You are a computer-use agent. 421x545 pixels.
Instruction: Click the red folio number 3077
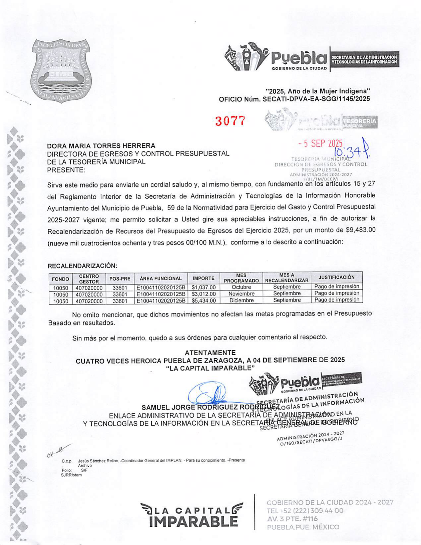pos(230,121)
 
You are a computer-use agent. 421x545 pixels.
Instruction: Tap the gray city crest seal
pos(62,71)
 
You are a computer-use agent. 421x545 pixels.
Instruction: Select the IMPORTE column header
pos(203,278)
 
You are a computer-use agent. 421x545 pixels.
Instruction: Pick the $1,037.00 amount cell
pos(203,287)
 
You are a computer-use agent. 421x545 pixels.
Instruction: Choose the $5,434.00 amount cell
pos(203,301)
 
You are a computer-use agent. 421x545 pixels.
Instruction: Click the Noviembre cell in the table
pos(241,294)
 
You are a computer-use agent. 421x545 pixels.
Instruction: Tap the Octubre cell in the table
pos(241,287)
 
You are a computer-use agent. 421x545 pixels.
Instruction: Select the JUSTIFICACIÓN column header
pos(336,277)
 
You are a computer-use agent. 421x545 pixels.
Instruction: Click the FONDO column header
pos(61,279)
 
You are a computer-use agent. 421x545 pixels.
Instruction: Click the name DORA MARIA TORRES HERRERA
pos(101,146)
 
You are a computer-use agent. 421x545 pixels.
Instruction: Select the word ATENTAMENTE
pos(210,353)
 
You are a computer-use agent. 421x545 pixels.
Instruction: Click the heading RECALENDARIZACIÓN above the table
pos(82,266)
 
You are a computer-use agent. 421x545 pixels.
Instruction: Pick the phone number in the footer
pos(305,511)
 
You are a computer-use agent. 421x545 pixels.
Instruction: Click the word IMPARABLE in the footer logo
pos(193,521)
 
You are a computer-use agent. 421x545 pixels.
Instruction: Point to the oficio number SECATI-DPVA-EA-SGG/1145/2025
pos(316,99)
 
